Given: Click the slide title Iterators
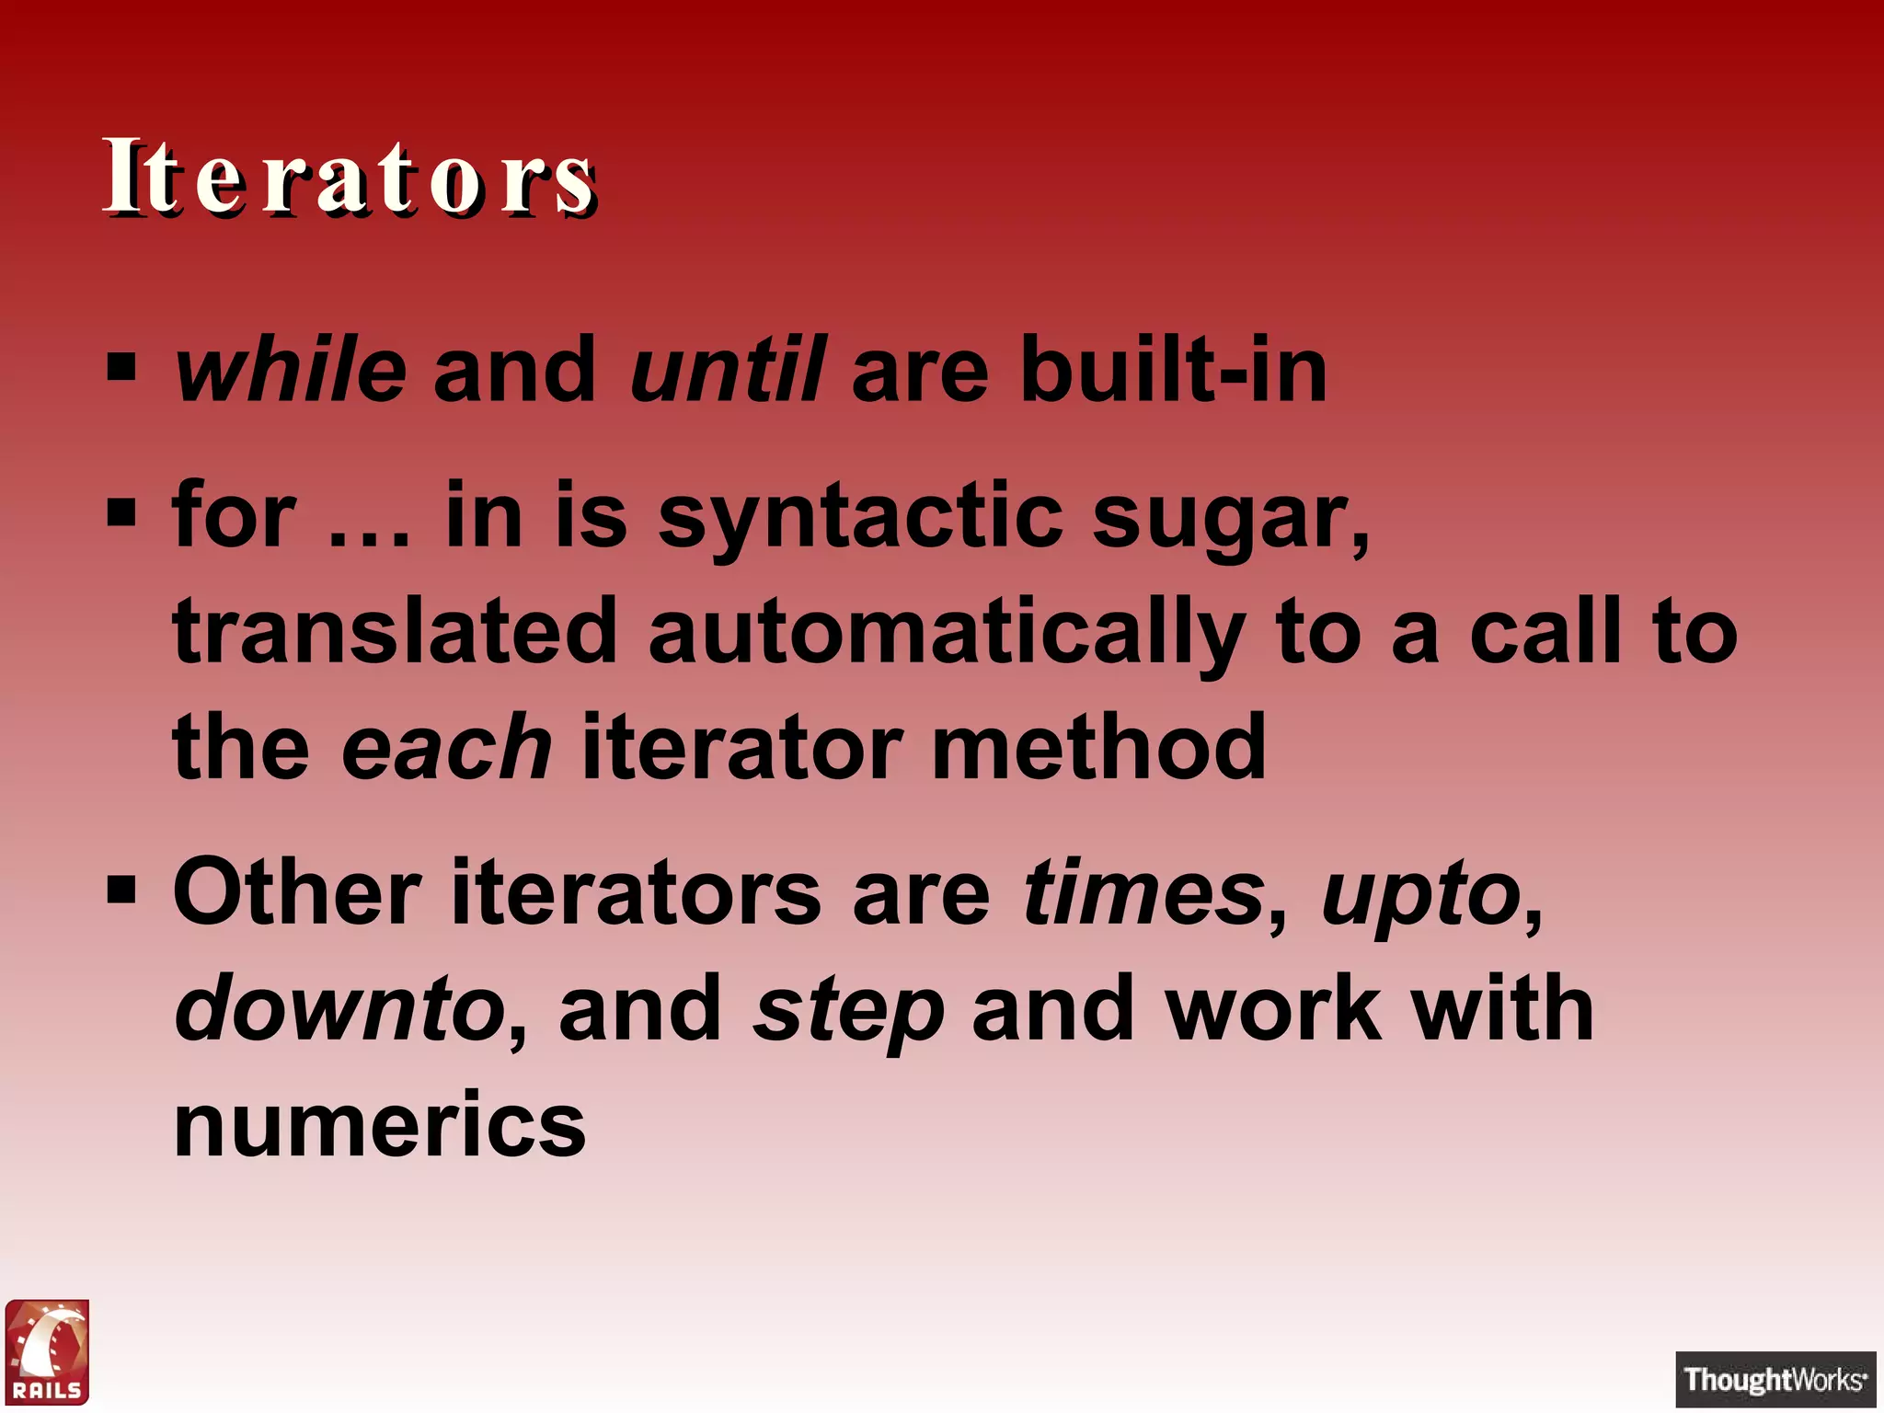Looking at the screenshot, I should tap(350, 177).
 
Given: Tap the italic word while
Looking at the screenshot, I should tap(290, 370).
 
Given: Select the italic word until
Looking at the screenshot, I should tap(727, 370).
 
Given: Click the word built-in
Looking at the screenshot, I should tap(1173, 370).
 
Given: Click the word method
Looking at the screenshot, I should tap(1099, 747).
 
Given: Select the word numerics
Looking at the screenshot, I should tap(379, 1124).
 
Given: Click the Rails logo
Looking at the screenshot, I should tap(47, 1352).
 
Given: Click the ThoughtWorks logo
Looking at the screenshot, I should tap(1775, 1379).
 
